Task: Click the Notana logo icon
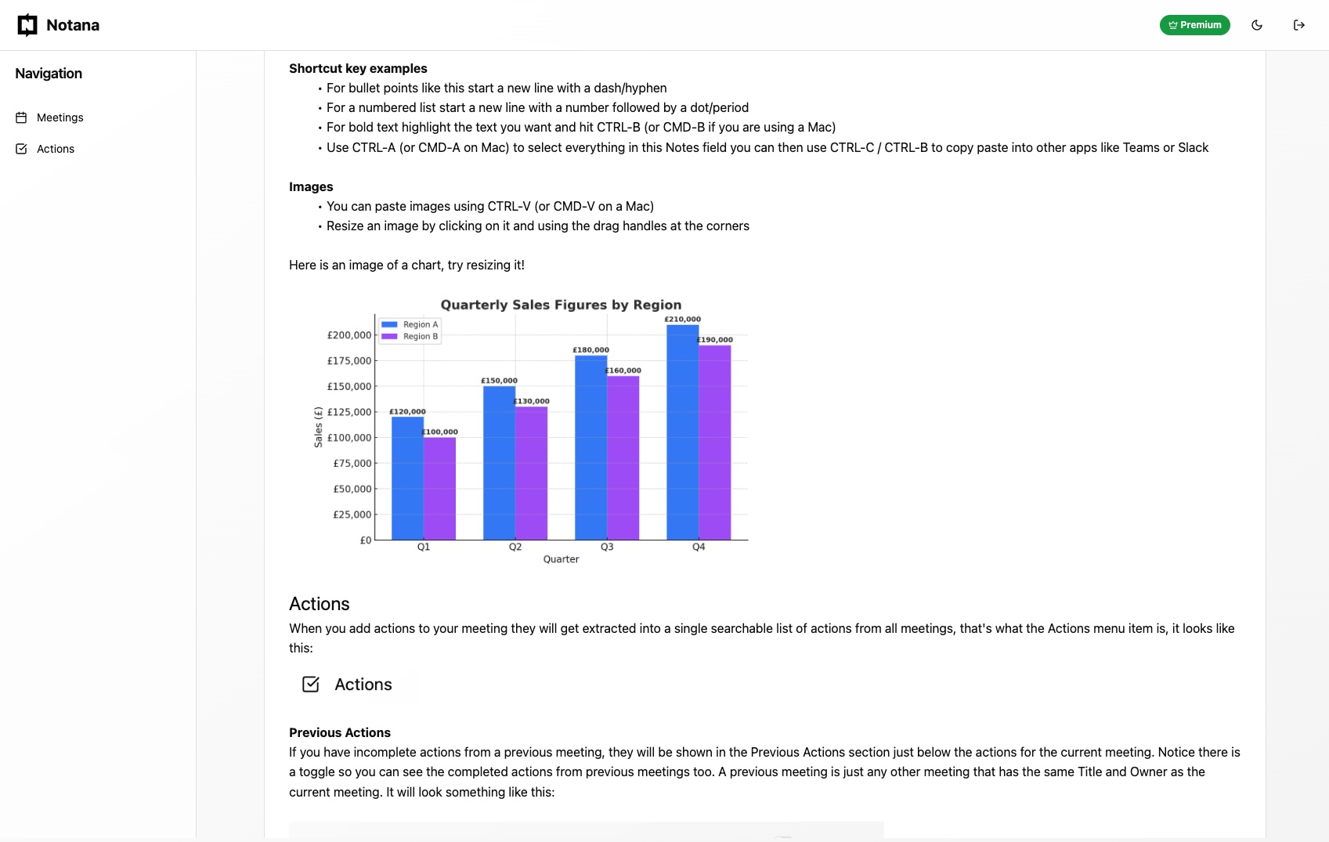coord(27,25)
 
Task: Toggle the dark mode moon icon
coord(1257,25)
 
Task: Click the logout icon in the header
coord(1298,25)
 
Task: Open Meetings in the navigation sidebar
coord(60,117)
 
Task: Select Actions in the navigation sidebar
coord(55,149)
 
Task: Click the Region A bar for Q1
coord(407,478)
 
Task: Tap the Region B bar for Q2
coord(531,473)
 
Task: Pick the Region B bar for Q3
coord(623,458)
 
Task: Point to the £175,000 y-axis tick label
coord(349,361)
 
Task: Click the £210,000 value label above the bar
coord(682,320)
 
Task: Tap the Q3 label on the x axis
coord(607,547)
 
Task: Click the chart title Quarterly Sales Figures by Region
coord(561,305)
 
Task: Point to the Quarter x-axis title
coord(561,559)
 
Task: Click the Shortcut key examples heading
coord(358,68)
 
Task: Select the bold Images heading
coord(311,186)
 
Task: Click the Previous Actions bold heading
coord(340,732)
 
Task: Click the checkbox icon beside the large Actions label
coord(311,685)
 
